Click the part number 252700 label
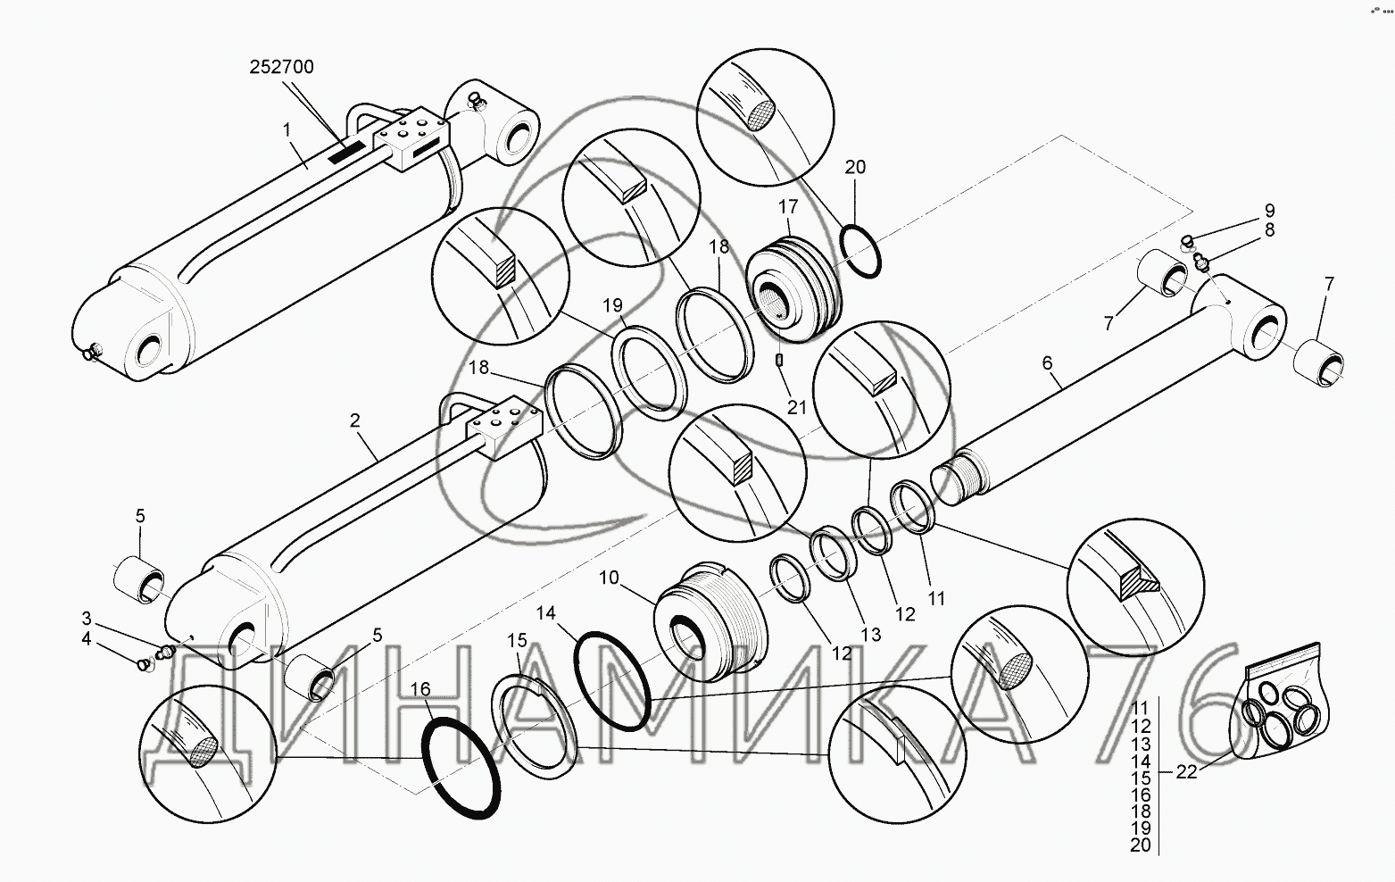coord(281,67)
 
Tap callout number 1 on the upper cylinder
coord(287,129)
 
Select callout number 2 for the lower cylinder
coord(355,420)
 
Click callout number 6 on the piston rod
coord(1047,363)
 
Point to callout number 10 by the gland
coord(609,578)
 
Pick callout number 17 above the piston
coord(787,207)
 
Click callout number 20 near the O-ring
coord(855,167)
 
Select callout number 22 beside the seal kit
coord(1185,772)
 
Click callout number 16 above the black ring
coord(421,689)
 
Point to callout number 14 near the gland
coord(545,612)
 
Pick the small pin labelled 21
coord(779,360)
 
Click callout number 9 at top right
coord(1268,211)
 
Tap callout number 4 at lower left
coord(86,638)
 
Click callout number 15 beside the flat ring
coord(518,640)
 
